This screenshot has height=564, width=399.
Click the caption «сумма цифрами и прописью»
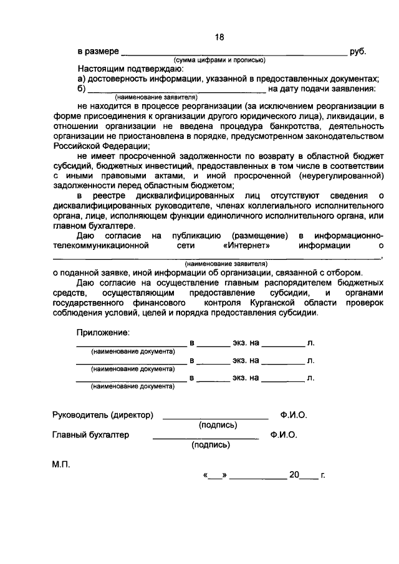click(219, 60)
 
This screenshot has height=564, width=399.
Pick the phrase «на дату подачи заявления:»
click(317, 88)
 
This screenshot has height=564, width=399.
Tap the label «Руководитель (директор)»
click(103, 414)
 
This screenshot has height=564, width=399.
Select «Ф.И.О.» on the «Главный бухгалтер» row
click(284, 434)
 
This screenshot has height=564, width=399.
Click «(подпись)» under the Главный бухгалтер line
click(211, 445)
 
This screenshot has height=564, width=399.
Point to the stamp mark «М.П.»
click(62, 464)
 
